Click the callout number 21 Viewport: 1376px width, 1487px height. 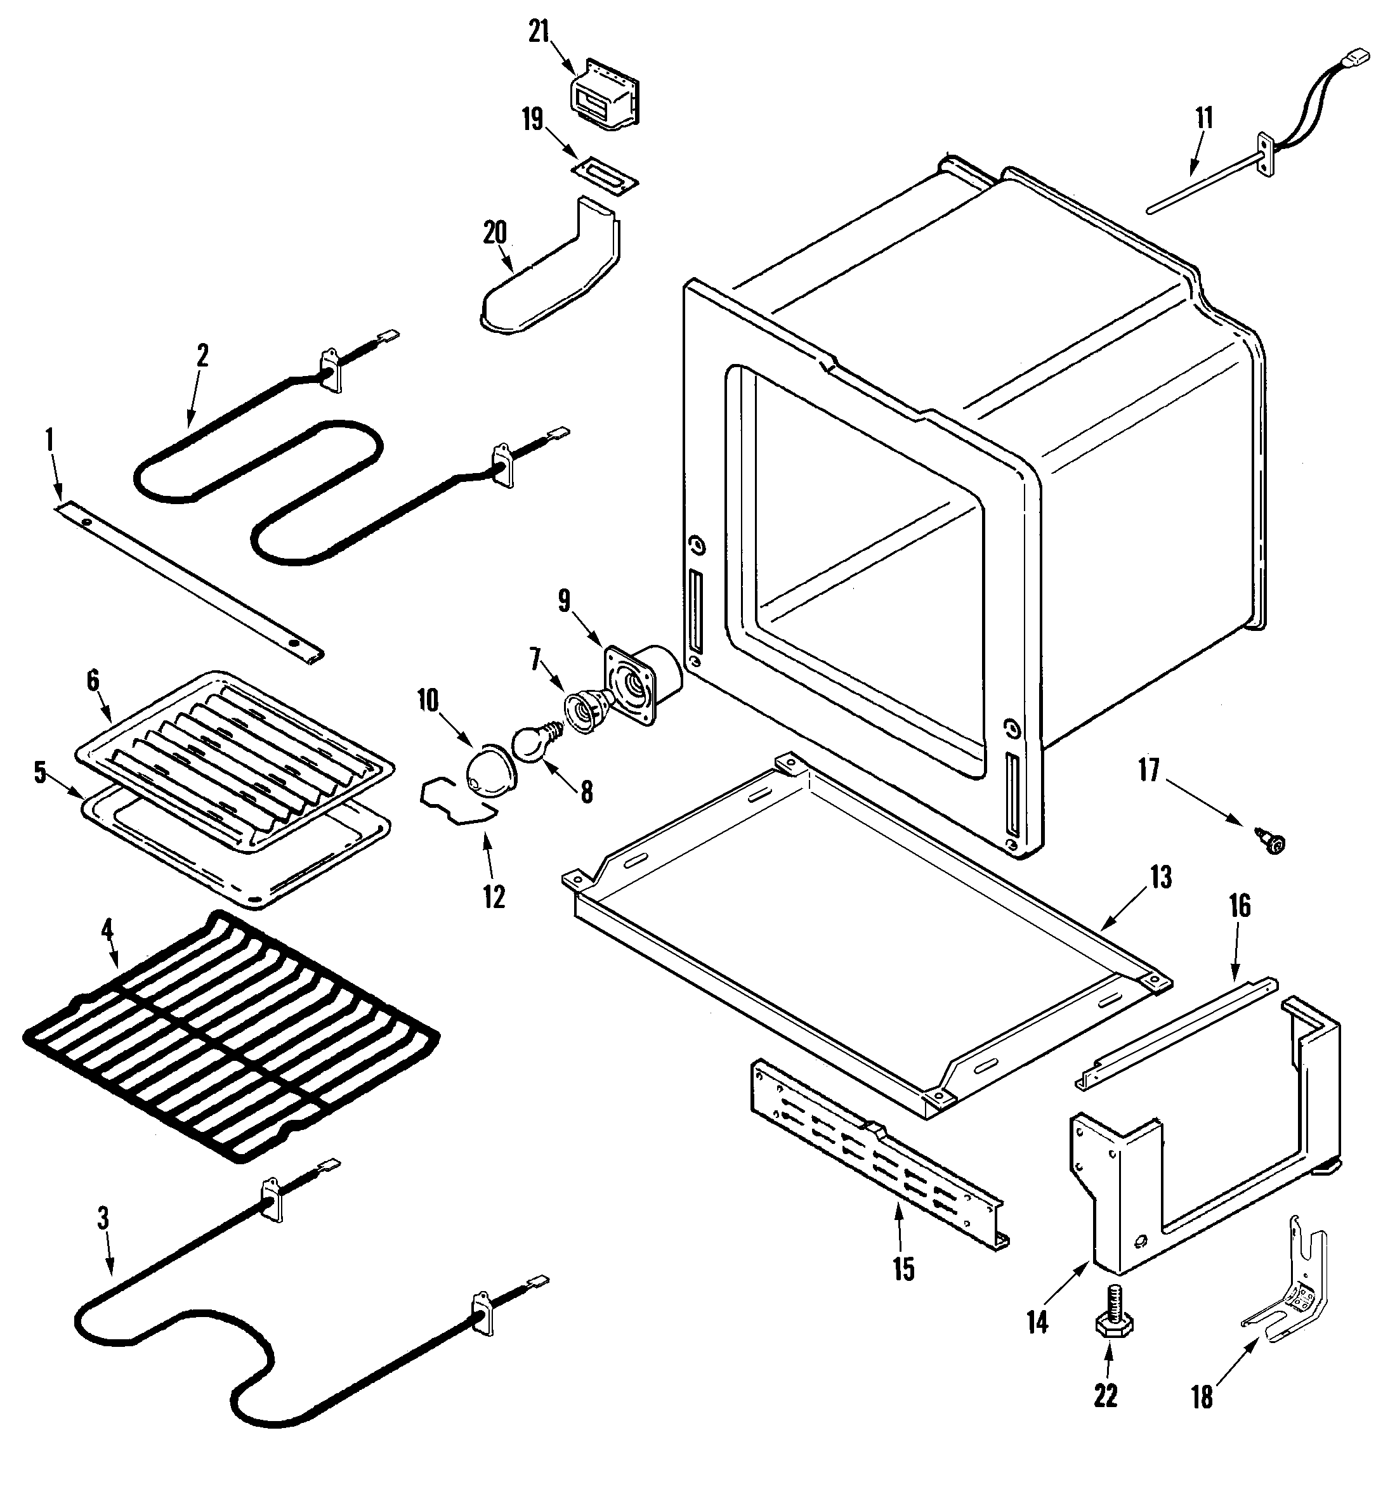[x=539, y=34]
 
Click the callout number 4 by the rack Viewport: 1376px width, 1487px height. [x=107, y=930]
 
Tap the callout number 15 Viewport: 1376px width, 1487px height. [x=903, y=1269]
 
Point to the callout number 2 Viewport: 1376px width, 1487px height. [x=202, y=355]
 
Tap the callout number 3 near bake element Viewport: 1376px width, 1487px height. [x=103, y=1218]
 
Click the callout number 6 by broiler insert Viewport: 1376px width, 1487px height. [x=93, y=680]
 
